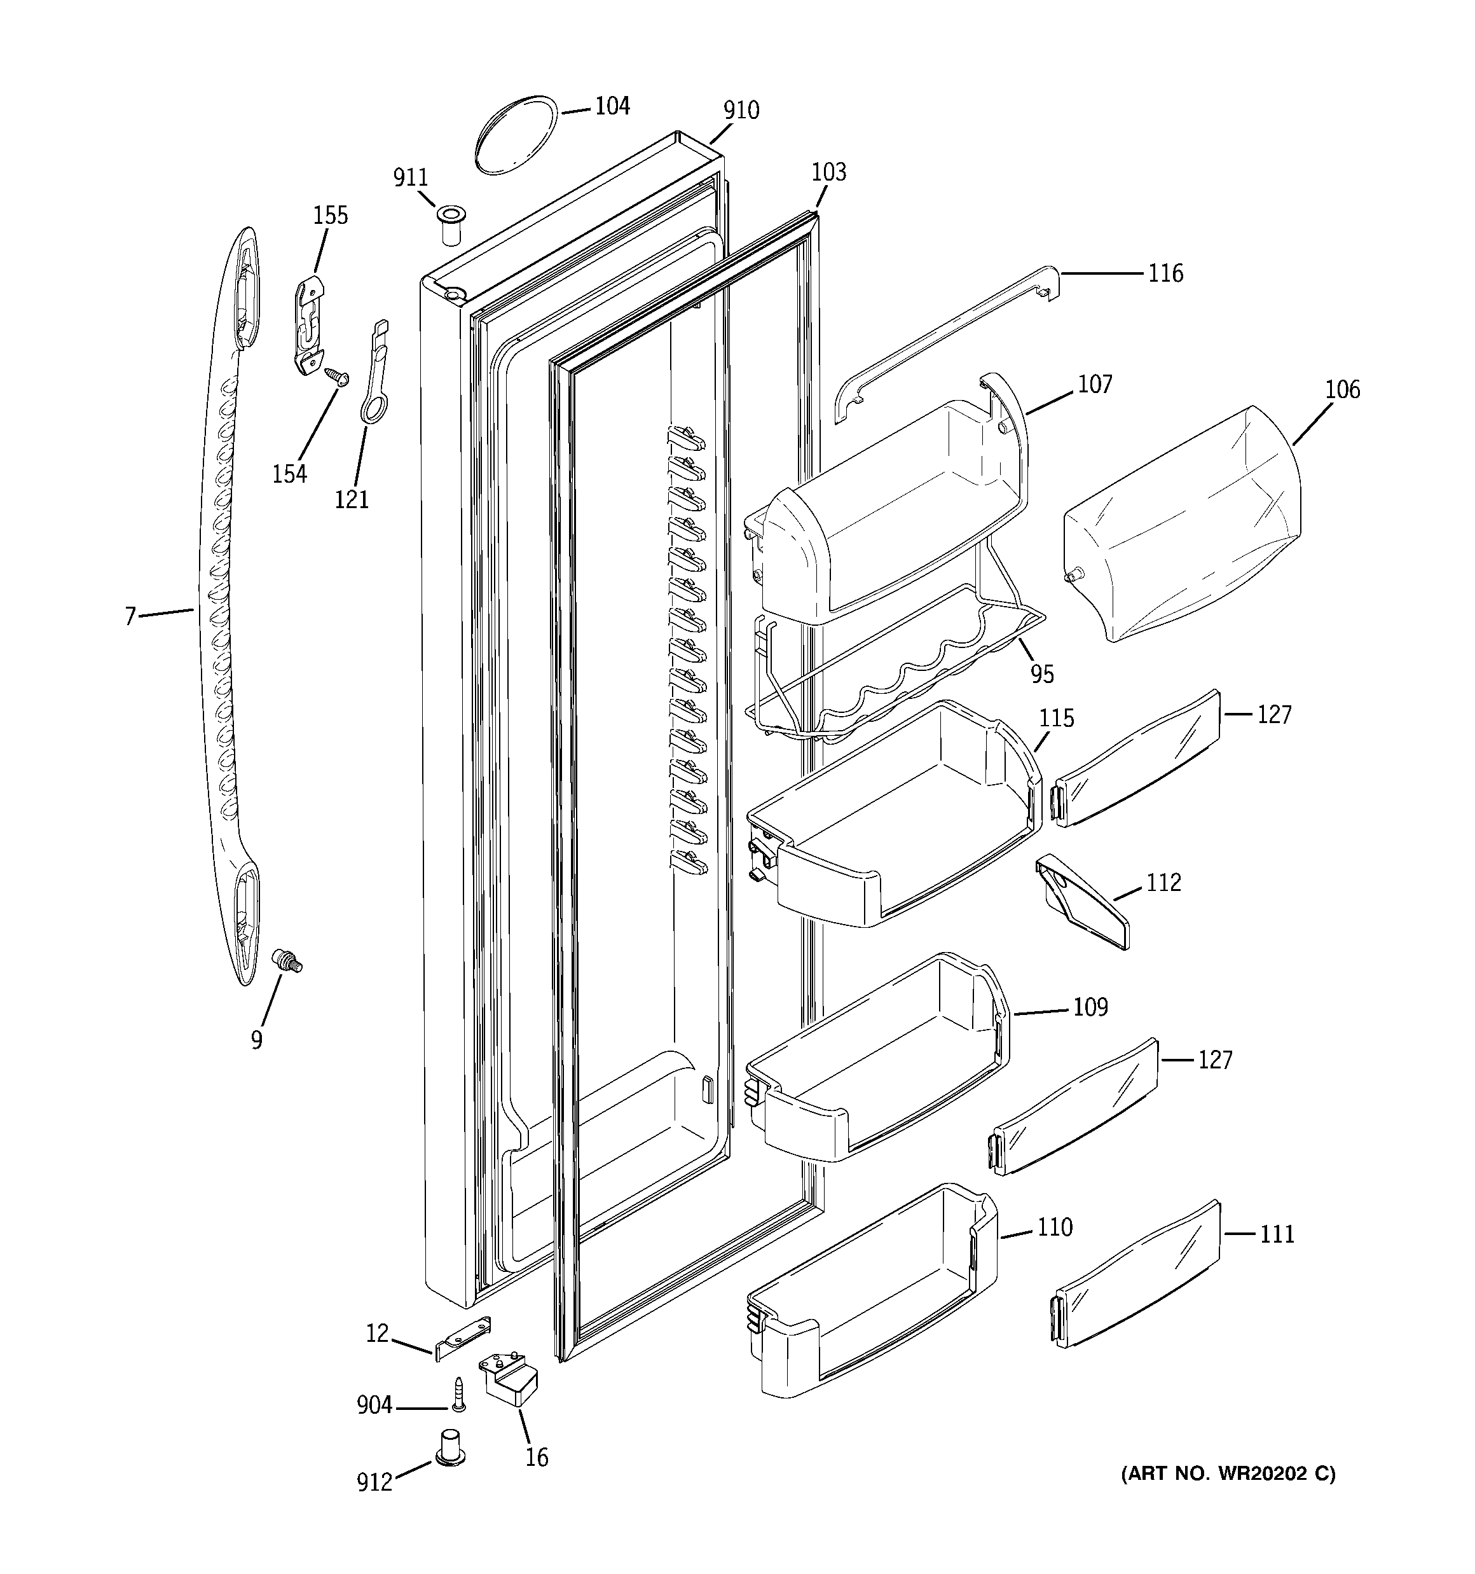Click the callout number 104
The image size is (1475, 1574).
[x=612, y=106]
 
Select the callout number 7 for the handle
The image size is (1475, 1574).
[x=130, y=616]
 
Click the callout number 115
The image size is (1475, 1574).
[x=1057, y=719]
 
